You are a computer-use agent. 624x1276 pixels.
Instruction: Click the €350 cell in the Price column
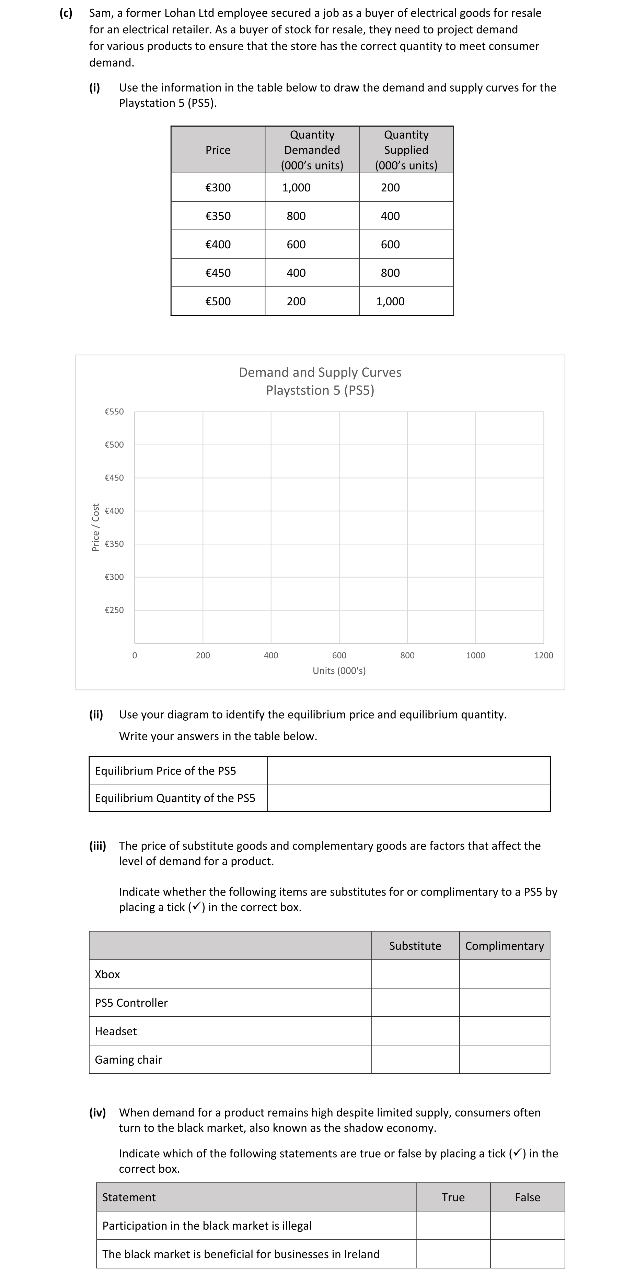pyautogui.click(x=218, y=216)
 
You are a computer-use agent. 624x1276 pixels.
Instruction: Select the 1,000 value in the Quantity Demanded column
pyautogui.click(x=297, y=188)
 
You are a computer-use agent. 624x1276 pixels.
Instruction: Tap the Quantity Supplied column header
pyautogui.click(x=406, y=150)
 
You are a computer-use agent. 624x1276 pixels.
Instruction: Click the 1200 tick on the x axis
pyautogui.click(x=543, y=655)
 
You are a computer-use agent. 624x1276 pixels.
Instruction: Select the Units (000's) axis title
pyautogui.click(x=339, y=671)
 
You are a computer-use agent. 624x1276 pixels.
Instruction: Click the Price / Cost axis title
pyautogui.click(x=96, y=527)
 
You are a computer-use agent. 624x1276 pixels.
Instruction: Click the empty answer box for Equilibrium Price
pyautogui.click(x=408, y=770)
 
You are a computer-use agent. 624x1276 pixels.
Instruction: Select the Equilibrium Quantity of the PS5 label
pyautogui.click(x=175, y=798)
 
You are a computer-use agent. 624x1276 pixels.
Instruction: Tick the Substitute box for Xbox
pyautogui.click(x=415, y=974)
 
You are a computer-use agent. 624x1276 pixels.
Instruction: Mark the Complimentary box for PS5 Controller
pyautogui.click(x=504, y=1003)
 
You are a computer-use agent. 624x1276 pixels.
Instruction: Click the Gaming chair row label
pyautogui.click(x=128, y=1060)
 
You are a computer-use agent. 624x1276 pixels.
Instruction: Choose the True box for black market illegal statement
pyautogui.click(x=453, y=1226)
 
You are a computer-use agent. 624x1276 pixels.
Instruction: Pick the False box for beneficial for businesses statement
pyautogui.click(x=527, y=1254)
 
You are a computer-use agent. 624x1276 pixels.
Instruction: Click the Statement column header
pyautogui.click(x=129, y=1197)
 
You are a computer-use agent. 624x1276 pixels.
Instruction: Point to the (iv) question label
pyautogui.click(x=97, y=1112)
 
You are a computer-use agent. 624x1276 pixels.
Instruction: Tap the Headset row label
pyautogui.click(x=116, y=1031)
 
